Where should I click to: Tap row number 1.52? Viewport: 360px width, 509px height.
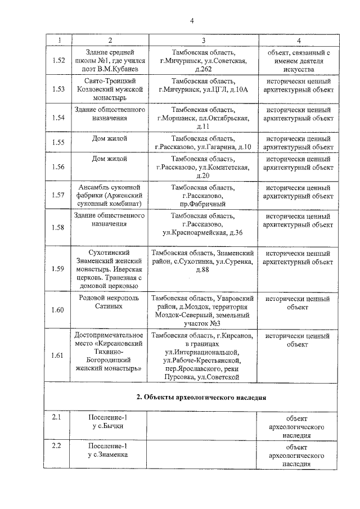[58, 61]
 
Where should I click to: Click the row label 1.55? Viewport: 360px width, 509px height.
[58, 143]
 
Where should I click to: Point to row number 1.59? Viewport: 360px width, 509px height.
[58, 268]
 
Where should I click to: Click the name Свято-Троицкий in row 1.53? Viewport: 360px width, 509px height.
[110, 80]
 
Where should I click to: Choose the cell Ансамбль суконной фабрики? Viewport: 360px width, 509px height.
[110, 195]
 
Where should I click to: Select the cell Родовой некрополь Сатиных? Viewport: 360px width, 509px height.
[110, 302]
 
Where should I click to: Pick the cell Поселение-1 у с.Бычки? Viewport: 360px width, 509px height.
[110, 422]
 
